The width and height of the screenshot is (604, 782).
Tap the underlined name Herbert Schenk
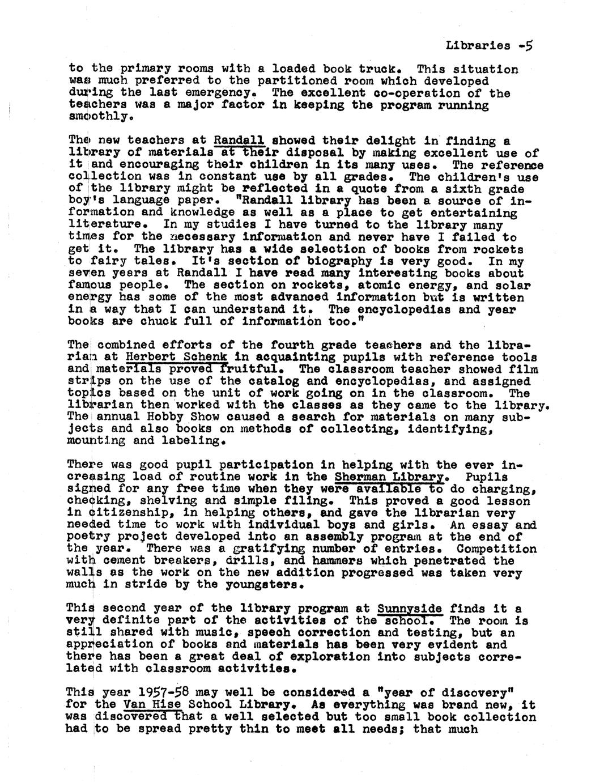pos(177,357)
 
